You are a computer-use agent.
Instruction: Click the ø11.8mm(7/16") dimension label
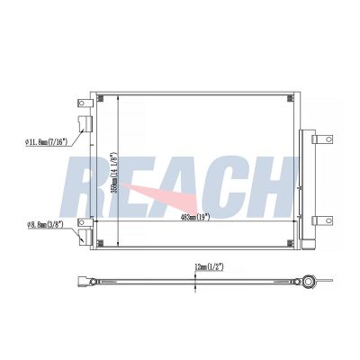click(x=47, y=142)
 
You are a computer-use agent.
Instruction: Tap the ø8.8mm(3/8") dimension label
click(x=45, y=224)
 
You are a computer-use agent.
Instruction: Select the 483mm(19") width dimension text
click(x=195, y=217)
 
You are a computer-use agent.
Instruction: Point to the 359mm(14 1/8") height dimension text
click(x=114, y=173)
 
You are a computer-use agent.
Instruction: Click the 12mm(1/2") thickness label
click(x=209, y=267)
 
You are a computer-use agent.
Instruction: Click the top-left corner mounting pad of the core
click(x=100, y=98)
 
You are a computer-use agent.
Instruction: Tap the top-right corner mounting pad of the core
click(x=291, y=98)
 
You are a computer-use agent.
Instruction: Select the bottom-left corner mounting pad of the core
click(x=100, y=243)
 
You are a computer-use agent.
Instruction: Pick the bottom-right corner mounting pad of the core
click(x=291, y=243)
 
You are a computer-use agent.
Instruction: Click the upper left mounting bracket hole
click(x=81, y=103)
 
